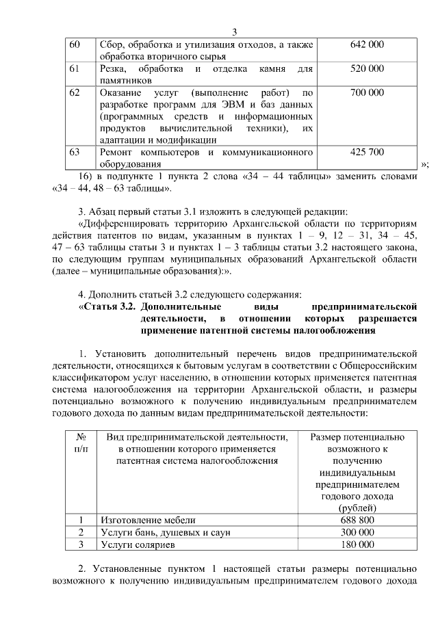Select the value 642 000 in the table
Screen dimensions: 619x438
[x=367, y=44]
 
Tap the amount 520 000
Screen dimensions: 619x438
[x=367, y=68]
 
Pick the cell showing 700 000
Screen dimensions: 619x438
[x=367, y=92]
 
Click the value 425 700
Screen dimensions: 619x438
[x=367, y=152]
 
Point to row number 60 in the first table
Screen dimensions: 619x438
[x=76, y=44]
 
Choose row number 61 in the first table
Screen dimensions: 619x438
[x=76, y=68]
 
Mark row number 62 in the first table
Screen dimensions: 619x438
[x=76, y=92]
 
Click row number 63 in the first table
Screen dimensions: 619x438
[x=76, y=152]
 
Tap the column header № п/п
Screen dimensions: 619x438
[x=81, y=443]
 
